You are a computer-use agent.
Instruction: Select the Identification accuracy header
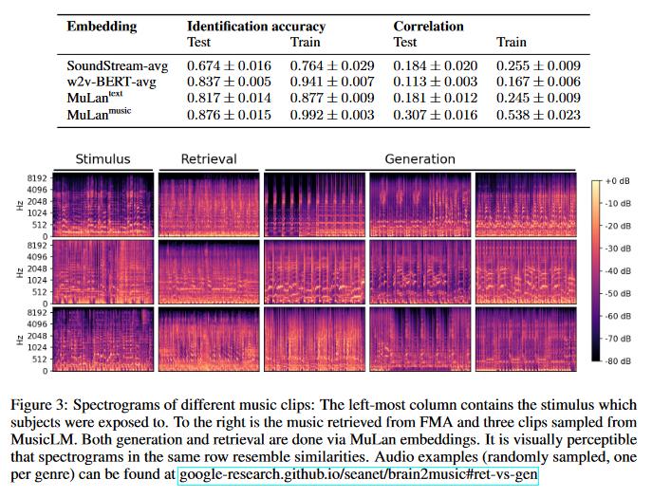point(255,26)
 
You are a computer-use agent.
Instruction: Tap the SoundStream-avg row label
point(116,65)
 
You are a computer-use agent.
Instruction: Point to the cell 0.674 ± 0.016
point(229,65)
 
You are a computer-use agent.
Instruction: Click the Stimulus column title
point(102,159)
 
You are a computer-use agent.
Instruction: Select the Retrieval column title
point(209,159)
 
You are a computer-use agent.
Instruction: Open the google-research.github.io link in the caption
point(357,471)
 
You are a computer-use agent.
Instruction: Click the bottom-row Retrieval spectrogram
point(209,338)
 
